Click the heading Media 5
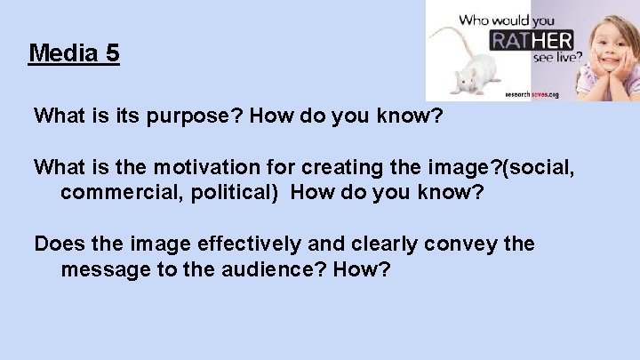[74, 53]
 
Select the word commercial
[117, 192]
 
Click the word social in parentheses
[527, 167]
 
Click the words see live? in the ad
[551, 60]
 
